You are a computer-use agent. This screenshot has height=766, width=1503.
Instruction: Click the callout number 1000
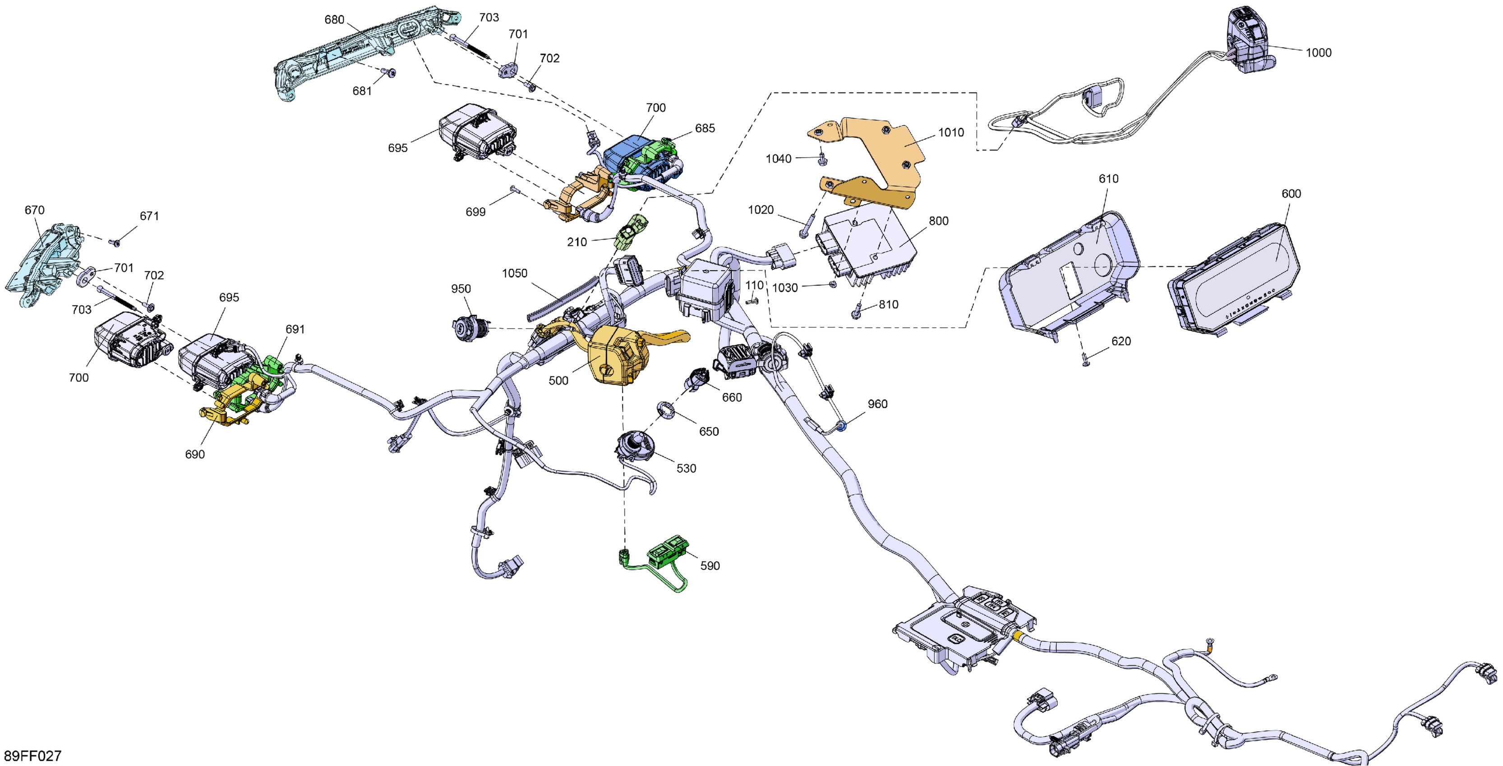coord(1318,52)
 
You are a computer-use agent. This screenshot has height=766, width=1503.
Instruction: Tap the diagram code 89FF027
coord(32,756)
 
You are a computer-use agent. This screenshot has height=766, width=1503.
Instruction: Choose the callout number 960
coord(877,404)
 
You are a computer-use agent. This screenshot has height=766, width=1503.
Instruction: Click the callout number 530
coord(686,468)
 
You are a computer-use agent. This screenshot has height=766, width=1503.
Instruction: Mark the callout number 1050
coord(514,274)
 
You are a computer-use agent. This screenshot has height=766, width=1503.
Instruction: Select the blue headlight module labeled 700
coord(627,153)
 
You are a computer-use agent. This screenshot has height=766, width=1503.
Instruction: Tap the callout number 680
coord(334,20)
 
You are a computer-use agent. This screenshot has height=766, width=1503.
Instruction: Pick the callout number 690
coord(195,454)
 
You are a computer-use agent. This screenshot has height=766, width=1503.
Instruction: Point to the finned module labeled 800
coord(869,245)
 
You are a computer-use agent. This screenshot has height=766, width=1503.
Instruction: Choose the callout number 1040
coord(779,159)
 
